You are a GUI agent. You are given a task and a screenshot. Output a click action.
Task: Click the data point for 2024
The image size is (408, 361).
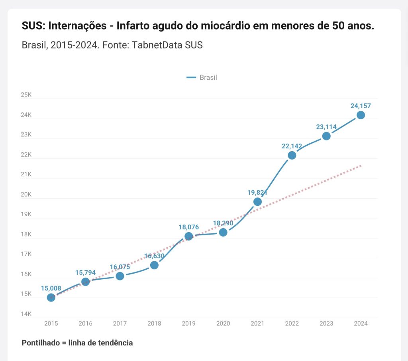pyautogui.click(x=361, y=115)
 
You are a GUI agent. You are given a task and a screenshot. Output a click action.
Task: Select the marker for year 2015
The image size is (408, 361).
pyautogui.click(x=51, y=297)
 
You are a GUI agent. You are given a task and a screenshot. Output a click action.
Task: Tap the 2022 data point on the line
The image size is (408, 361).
pyautogui.click(x=292, y=155)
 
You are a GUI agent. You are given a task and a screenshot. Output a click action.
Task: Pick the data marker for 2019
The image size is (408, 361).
pyautogui.click(x=188, y=236)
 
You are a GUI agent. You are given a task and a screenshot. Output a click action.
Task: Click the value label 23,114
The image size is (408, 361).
pyautogui.click(x=326, y=127)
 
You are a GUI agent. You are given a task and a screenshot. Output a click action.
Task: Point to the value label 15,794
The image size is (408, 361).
pyautogui.click(x=85, y=273)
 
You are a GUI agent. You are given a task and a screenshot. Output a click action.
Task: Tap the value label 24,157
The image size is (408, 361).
pyautogui.click(x=361, y=106)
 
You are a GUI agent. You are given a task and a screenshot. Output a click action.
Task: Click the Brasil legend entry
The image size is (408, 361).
pyautogui.click(x=202, y=77)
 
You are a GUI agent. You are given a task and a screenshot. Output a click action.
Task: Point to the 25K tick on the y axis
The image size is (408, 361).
pyautogui.click(x=26, y=95)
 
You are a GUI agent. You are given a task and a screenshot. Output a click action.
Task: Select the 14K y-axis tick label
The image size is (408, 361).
pyautogui.click(x=26, y=314)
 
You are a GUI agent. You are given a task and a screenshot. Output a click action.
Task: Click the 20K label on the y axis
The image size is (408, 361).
pyautogui.click(x=26, y=195)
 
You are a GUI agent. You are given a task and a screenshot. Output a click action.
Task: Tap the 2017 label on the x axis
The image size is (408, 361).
pyautogui.click(x=120, y=324)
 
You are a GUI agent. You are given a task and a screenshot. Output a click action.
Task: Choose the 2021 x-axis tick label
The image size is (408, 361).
pyautogui.click(x=257, y=324)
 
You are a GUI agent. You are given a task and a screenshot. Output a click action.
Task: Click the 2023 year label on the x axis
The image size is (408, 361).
pyautogui.click(x=326, y=324)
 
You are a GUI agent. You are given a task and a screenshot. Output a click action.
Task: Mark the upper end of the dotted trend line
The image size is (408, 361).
pyautogui.click(x=361, y=165)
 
